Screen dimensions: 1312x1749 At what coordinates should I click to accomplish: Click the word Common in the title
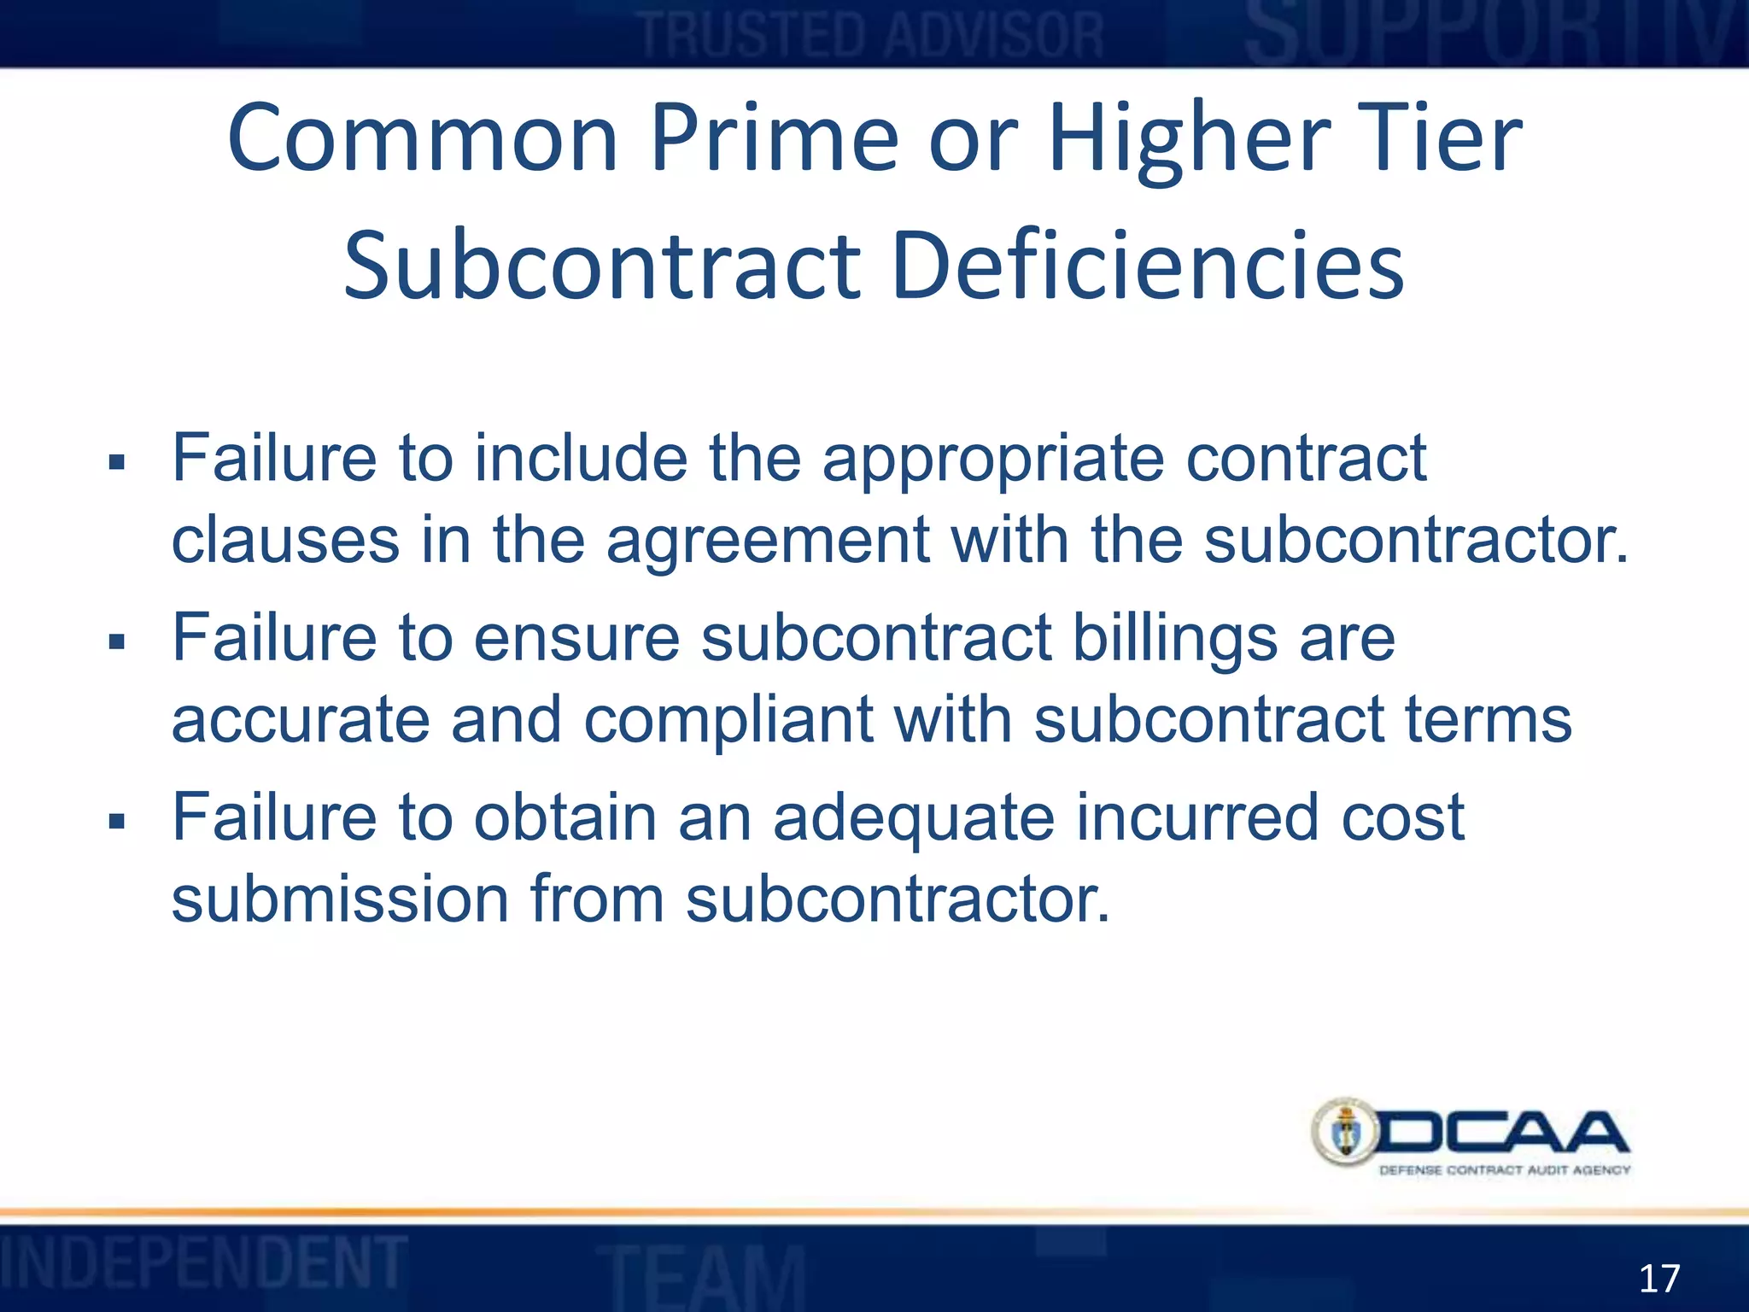(x=422, y=139)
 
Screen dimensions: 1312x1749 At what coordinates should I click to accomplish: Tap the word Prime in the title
(x=775, y=139)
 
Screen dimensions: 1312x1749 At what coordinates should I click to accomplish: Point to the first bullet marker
(x=117, y=464)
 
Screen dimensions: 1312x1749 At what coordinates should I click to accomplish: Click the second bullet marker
(x=117, y=642)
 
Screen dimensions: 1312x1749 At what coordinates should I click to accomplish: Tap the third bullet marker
(x=117, y=822)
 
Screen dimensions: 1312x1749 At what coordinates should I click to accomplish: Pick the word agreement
(x=767, y=543)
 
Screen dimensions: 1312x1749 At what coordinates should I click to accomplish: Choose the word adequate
(x=914, y=819)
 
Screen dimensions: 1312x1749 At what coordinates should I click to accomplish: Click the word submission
(x=340, y=899)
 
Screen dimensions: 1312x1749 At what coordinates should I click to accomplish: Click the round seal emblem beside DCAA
(x=1345, y=1133)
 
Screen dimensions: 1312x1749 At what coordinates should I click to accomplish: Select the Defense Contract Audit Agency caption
(x=1505, y=1170)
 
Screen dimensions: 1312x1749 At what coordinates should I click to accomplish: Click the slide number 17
(x=1659, y=1279)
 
